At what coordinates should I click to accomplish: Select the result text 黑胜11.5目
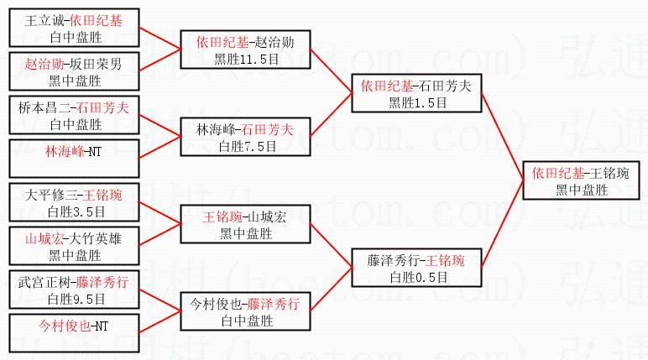[x=245, y=58]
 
